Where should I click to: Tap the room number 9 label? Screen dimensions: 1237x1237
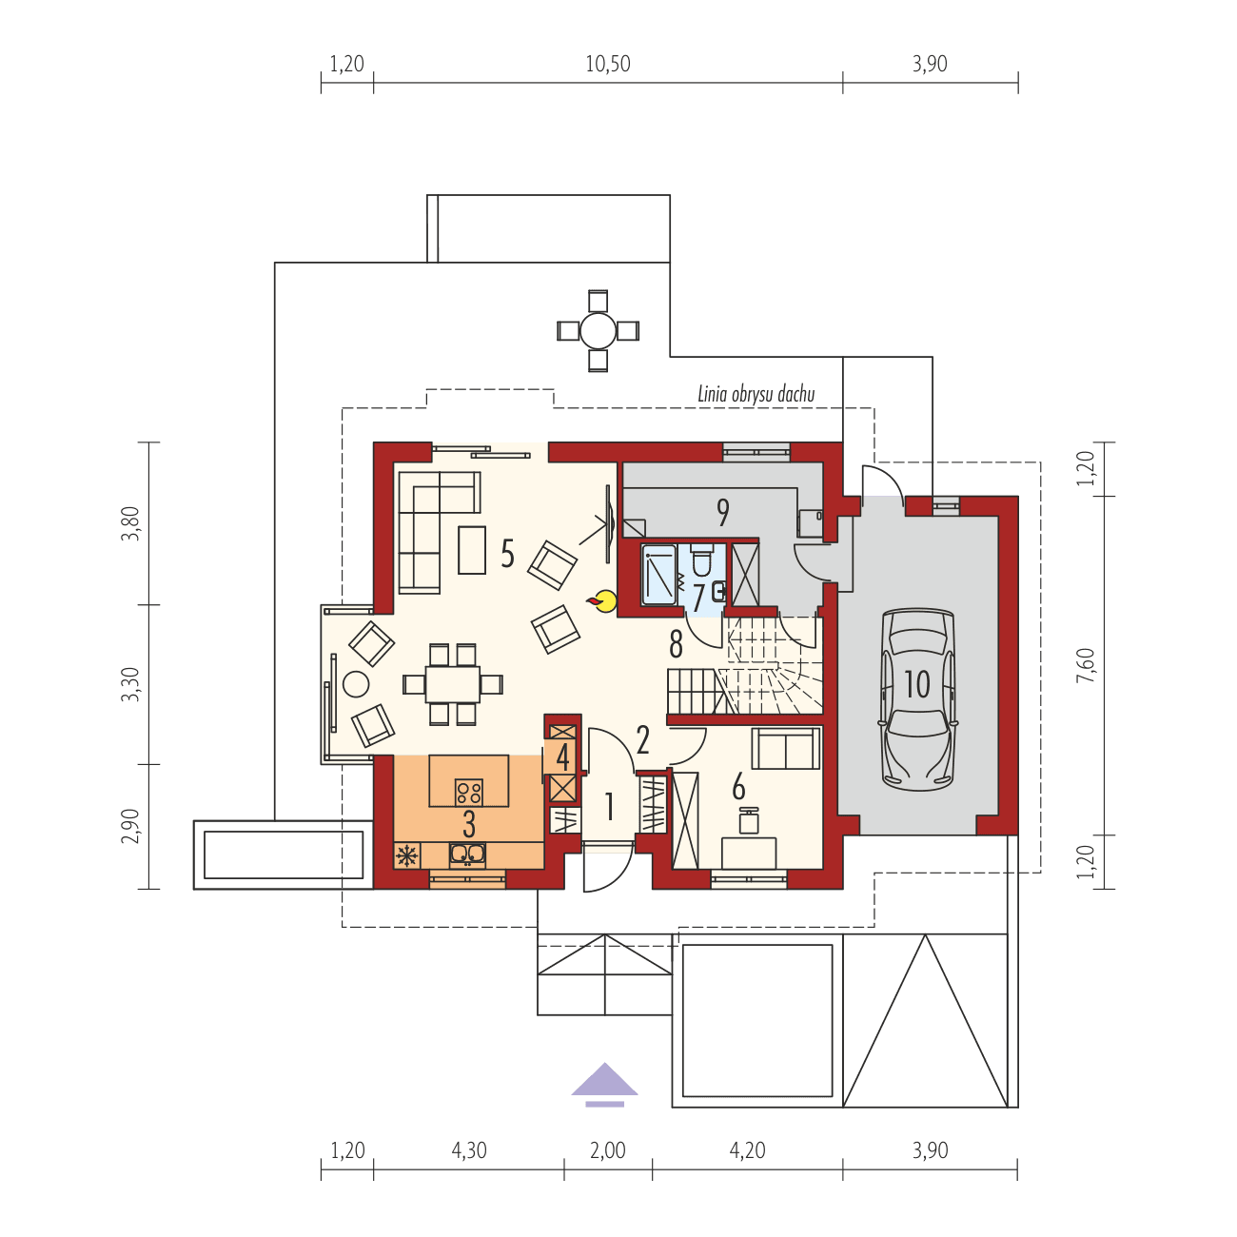click(x=723, y=513)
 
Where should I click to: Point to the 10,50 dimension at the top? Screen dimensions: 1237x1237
click(x=607, y=65)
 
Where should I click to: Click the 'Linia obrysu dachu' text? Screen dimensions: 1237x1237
click(x=756, y=394)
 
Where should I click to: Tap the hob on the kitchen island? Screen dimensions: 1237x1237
click(x=468, y=791)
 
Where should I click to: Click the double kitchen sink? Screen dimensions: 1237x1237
click(x=467, y=854)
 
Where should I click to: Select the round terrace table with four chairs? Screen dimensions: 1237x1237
click(x=599, y=331)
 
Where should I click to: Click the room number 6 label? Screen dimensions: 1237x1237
click(x=738, y=787)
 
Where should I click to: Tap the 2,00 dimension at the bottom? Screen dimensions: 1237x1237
click(x=608, y=1150)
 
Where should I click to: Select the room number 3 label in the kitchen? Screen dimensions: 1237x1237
click(x=469, y=824)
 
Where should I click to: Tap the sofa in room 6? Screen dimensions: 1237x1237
click(x=786, y=748)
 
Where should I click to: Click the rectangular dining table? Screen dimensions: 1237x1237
click(x=453, y=683)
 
